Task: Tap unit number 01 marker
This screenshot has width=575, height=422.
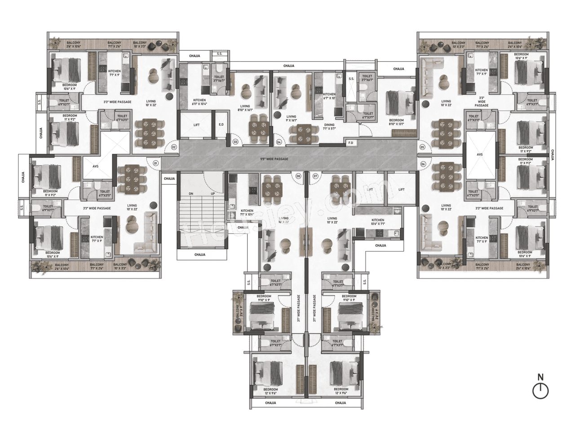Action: pyautogui.click(x=156, y=163)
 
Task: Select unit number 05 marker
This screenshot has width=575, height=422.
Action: pyautogui.click(x=422, y=147)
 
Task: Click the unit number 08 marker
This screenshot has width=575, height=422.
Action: pyautogui.click(x=298, y=176)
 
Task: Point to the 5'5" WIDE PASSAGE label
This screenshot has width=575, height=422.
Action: pyautogui.click(x=274, y=159)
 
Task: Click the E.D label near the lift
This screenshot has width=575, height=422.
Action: pyautogui.click(x=221, y=125)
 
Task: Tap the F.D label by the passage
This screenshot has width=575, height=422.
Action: pyautogui.click(x=350, y=144)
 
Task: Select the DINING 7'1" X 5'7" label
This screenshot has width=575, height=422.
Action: pyautogui.click(x=332, y=128)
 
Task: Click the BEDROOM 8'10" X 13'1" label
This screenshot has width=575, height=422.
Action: pyautogui.click(x=396, y=122)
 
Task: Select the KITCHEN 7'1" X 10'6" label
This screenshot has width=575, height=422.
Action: pyautogui.click(x=247, y=213)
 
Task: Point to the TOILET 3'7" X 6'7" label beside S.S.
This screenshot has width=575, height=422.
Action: pyautogui.click(x=367, y=78)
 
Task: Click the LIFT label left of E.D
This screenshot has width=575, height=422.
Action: pyautogui.click(x=196, y=125)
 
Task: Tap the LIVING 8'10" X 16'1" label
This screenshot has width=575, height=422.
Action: pyautogui.click(x=245, y=108)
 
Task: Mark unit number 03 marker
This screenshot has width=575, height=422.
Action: pyautogui.click(x=235, y=142)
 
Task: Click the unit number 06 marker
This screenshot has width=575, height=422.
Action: pyautogui.click(x=423, y=164)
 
